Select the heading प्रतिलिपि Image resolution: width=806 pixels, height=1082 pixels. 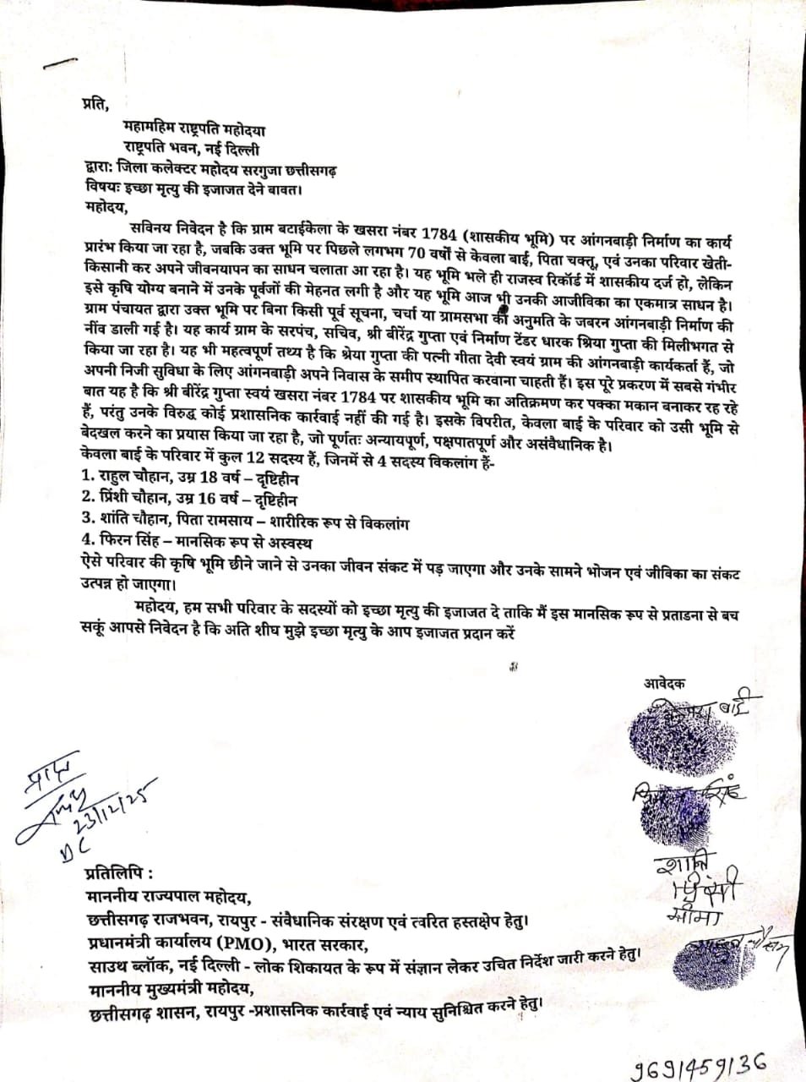pyautogui.click(x=121, y=872)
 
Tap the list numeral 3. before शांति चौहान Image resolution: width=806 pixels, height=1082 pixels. pyautogui.click(x=88, y=522)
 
